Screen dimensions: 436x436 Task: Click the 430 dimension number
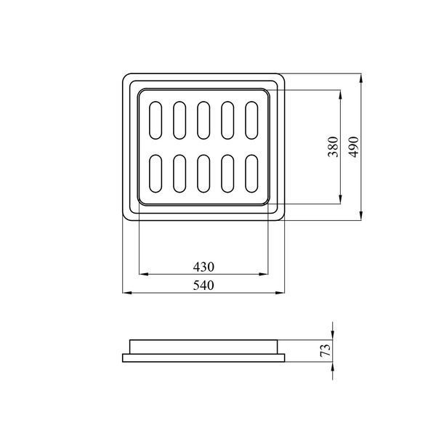pyautogui.click(x=203, y=267)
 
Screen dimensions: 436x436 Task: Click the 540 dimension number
pyautogui.click(x=203, y=286)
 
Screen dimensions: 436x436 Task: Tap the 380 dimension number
pyautogui.click(x=333, y=147)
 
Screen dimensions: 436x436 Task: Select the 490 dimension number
pyautogui.click(x=354, y=147)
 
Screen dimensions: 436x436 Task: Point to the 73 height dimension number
pyautogui.click(x=326, y=350)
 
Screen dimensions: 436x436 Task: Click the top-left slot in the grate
pyautogui.click(x=156, y=120)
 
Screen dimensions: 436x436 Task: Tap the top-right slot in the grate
pyautogui.click(x=251, y=120)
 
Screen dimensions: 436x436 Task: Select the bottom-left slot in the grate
pyautogui.click(x=156, y=174)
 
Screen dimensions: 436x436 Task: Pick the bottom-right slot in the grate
pyautogui.click(x=251, y=174)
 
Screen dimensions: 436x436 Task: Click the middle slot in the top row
pyautogui.click(x=203, y=120)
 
